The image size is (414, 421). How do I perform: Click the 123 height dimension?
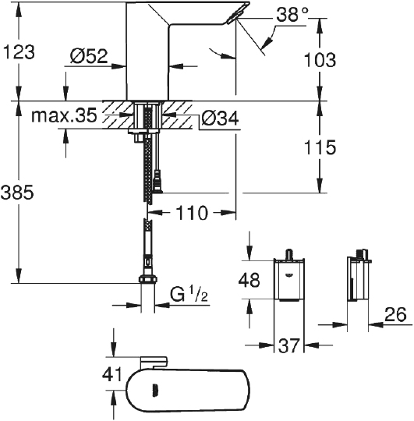[18, 52]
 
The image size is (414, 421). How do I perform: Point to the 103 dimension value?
[320, 59]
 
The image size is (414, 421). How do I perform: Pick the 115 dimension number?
[320, 147]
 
